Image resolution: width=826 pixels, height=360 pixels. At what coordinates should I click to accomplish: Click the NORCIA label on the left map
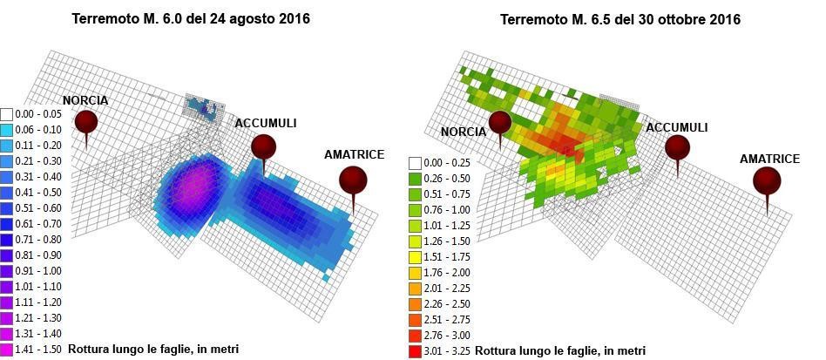point(85,100)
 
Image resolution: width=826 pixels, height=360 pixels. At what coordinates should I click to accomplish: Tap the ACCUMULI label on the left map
point(266,123)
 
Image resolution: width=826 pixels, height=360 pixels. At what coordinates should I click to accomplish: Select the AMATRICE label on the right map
point(769,159)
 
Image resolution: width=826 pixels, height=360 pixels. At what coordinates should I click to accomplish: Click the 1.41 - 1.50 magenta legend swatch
point(7,349)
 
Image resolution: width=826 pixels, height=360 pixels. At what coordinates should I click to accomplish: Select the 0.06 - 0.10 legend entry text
point(39,130)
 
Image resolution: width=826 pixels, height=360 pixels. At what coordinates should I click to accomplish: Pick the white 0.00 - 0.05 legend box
point(7,114)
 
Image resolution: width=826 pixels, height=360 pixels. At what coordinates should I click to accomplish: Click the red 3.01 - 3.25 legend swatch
point(415,350)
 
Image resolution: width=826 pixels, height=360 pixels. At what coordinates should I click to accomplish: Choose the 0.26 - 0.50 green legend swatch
point(415,178)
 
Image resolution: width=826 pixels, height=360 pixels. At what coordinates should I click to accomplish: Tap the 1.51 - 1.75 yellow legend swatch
point(415,256)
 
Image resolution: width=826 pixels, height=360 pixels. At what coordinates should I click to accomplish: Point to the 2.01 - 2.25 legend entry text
point(447,289)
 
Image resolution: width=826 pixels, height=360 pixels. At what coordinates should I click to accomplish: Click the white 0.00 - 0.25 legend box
point(415,162)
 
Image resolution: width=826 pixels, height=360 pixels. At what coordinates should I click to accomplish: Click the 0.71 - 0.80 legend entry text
point(39,240)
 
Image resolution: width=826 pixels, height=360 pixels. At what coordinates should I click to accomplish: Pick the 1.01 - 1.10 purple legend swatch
point(7,286)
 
